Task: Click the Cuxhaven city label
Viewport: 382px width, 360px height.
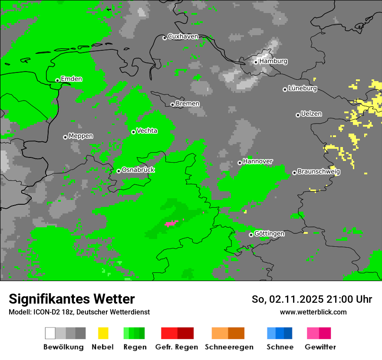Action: point(183,36)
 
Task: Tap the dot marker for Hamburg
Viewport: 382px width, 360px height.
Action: point(256,62)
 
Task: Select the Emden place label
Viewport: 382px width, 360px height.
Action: point(71,79)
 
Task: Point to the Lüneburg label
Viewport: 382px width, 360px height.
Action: point(303,88)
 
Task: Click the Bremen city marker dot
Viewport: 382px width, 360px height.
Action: point(172,105)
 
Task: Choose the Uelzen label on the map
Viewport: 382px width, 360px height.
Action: point(311,114)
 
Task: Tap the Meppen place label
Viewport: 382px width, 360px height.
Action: point(81,136)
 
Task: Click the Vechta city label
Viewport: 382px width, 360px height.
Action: point(147,131)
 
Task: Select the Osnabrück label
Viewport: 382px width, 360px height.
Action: point(138,170)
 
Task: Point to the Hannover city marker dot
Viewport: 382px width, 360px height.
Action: point(240,163)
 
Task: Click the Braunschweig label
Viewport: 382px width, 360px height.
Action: point(319,171)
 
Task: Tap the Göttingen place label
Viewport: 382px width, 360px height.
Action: point(269,233)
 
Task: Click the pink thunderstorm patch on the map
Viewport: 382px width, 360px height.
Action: point(171,223)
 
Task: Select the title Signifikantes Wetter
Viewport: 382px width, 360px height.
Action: point(72,299)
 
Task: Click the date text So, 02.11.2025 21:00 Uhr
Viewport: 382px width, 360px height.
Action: point(312,299)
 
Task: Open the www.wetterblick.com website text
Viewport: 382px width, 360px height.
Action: point(313,312)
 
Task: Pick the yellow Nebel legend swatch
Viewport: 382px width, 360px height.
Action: point(103,333)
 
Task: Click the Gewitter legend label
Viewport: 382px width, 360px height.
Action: point(320,347)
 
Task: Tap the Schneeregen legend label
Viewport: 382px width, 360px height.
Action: point(229,347)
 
